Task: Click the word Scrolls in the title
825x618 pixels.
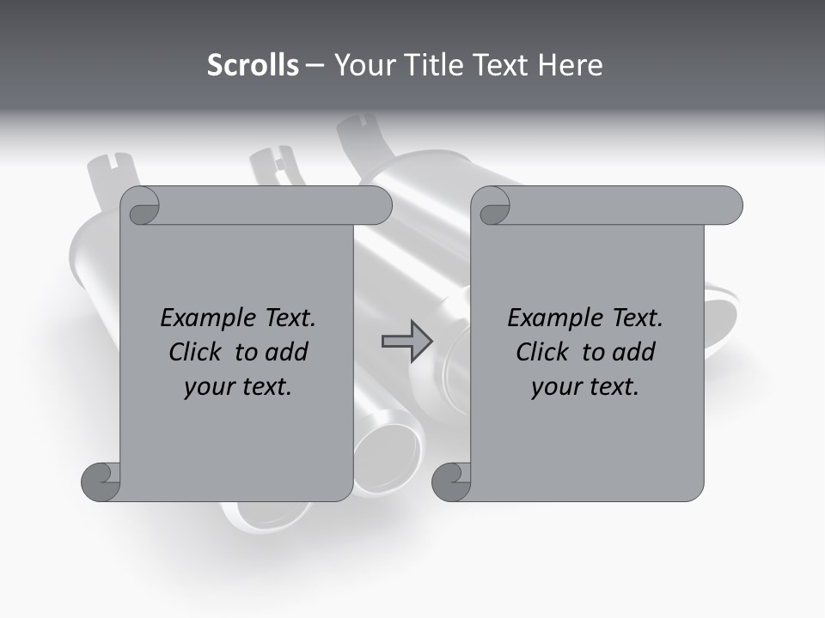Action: (253, 65)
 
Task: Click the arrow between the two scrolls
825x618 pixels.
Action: (406, 341)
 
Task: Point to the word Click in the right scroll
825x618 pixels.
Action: (543, 352)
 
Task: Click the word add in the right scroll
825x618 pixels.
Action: (635, 352)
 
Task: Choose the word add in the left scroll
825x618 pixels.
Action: (288, 352)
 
